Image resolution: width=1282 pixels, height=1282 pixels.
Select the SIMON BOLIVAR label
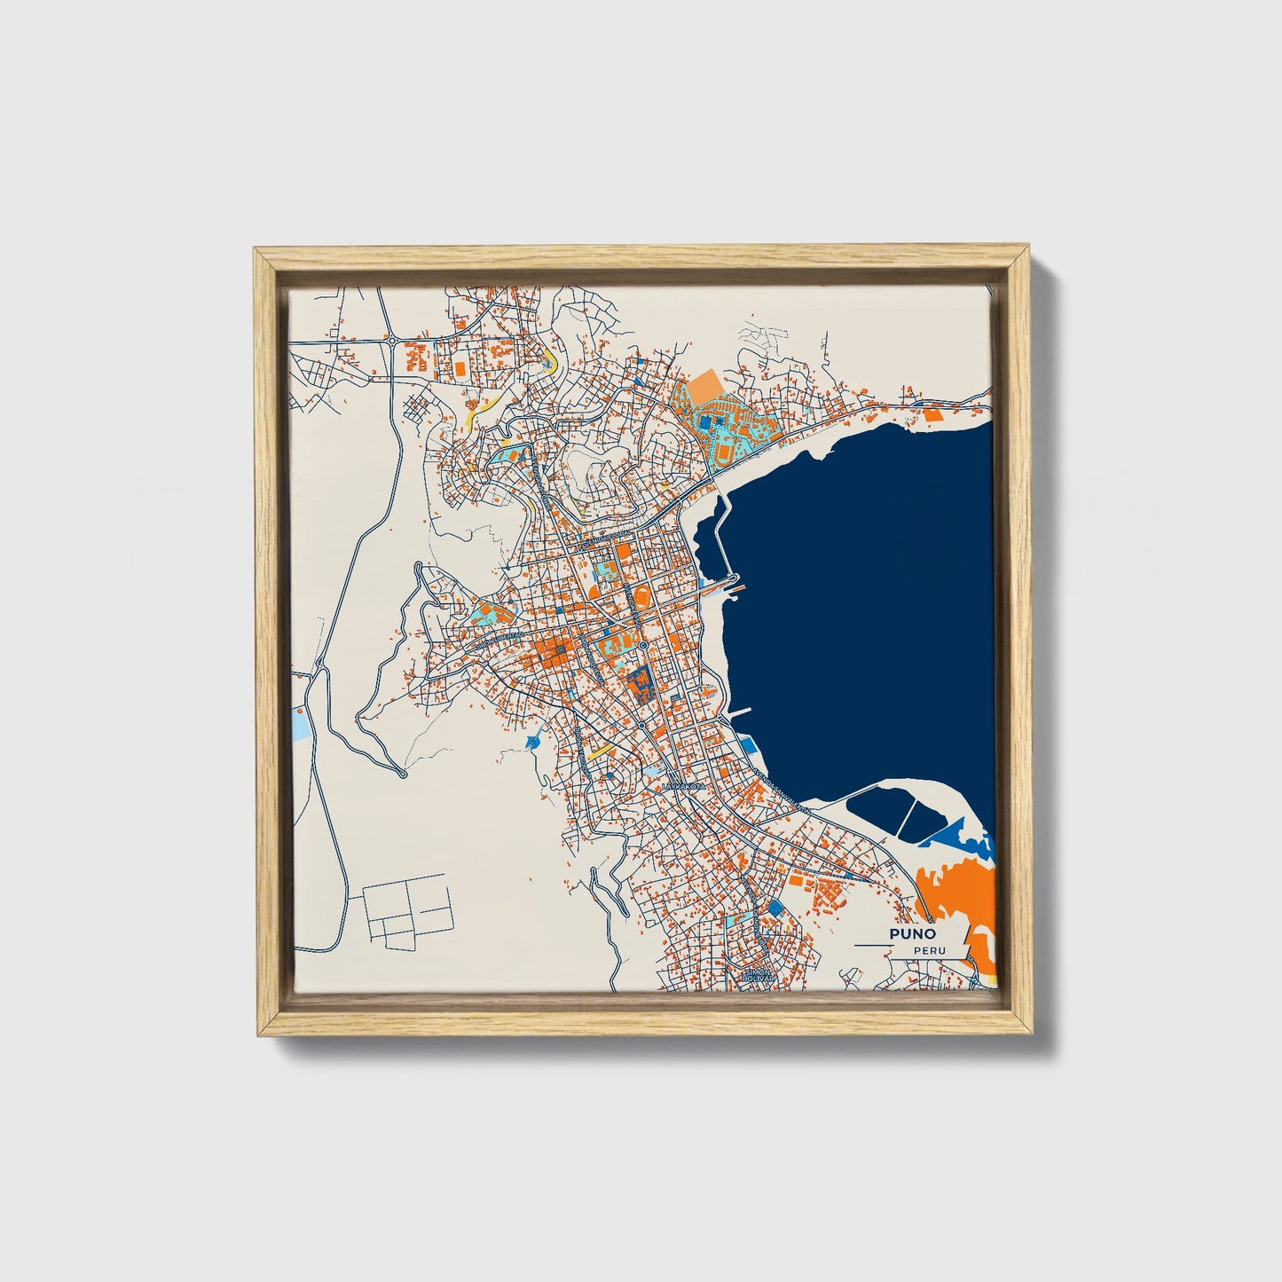759,975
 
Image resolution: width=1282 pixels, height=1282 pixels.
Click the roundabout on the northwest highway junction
390,340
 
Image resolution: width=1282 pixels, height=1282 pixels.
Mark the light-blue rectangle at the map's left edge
301,725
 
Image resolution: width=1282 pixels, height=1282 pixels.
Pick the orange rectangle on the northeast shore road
932,413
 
